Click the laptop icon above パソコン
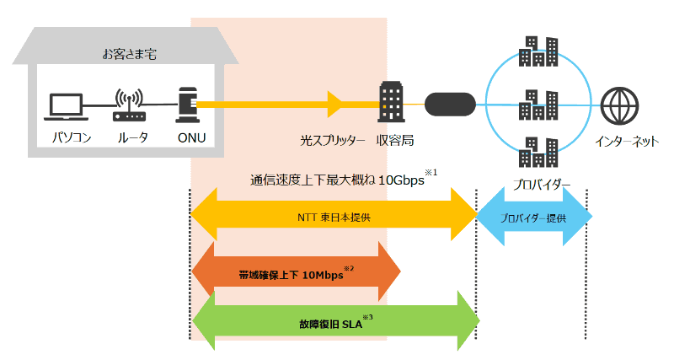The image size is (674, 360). tap(66, 106)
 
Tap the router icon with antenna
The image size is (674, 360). tap(128, 104)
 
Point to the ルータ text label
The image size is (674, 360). tap(128, 137)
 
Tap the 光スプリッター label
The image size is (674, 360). tap(333, 140)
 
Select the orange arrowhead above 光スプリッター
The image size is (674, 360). tap(335, 105)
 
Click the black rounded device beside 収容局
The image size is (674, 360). tap(452, 105)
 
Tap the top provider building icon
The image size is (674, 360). tap(538, 51)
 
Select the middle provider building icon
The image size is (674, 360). tap(538, 105)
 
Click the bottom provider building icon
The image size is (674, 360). tap(538, 153)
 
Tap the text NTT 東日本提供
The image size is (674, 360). tap(334, 217)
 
